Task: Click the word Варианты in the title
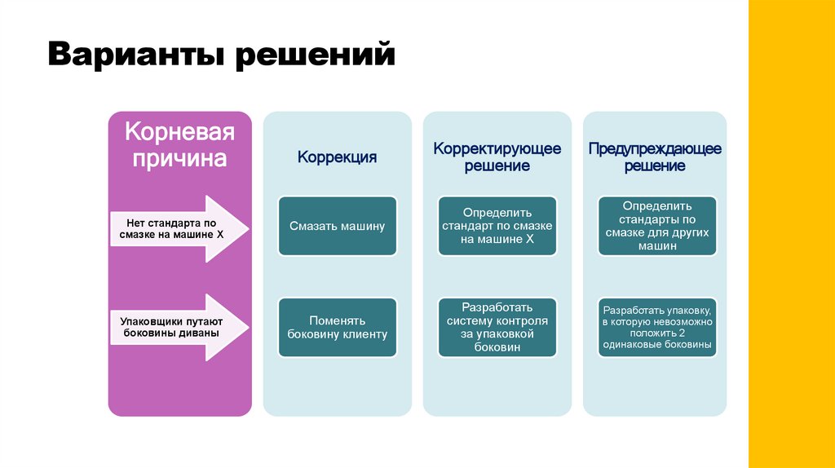tap(138, 55)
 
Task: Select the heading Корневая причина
tap(179, 144)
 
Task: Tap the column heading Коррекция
tap(337, 157)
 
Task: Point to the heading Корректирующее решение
tap(497, 157)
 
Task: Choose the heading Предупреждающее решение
tap(655, 157)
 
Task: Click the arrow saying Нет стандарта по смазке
tap(175, 227)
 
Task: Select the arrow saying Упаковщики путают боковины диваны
tap(175, 326)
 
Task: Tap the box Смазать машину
tap(337, 226)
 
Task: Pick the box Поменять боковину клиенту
tap(337, 327)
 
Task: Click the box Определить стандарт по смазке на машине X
tap(497, 225)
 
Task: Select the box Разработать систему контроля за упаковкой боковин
tap(497, 327)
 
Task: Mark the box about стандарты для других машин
tap(656, 225)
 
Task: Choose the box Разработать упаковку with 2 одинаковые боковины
tap(656, 327)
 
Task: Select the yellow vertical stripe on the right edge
tap(791, 234)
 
